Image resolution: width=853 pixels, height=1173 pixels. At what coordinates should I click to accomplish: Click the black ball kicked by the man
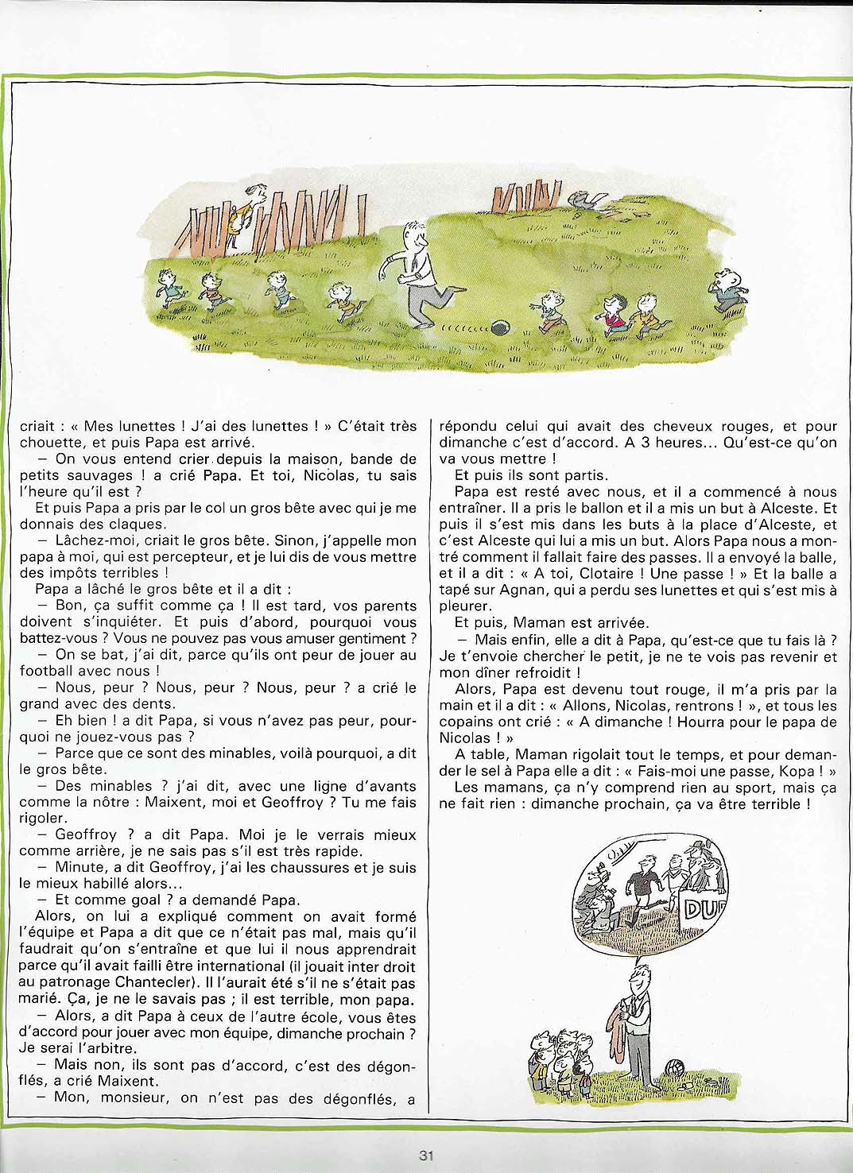click(x=500, y=327)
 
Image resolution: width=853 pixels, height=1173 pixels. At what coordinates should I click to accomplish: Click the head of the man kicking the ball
click(x=414, y=234)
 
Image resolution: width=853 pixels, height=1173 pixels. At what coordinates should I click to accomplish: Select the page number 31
click(x=426, y=1156)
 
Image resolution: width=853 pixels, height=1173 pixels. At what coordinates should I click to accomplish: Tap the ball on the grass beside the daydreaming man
click(x=677, y=1066)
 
